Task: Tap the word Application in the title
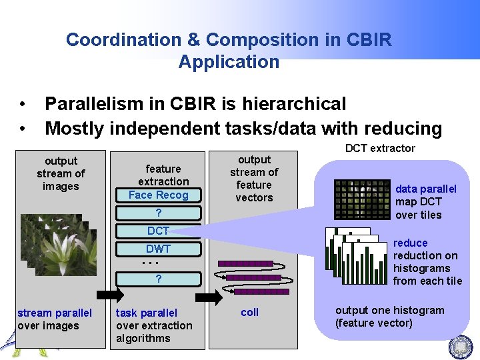(229, 62)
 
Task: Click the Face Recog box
(159, 195)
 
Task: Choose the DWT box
(159, 249)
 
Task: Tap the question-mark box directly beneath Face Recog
(159, 213)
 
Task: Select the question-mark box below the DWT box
(159, 279)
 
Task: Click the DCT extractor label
(380, 148)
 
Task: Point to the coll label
(250, 312)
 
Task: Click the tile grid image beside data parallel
(361, 199)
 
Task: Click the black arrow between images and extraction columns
(111, 295)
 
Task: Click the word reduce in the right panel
(410, 243)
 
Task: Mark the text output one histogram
(389, 310)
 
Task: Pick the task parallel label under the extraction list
(147, 313)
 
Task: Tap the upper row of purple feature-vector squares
(245, 263)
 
